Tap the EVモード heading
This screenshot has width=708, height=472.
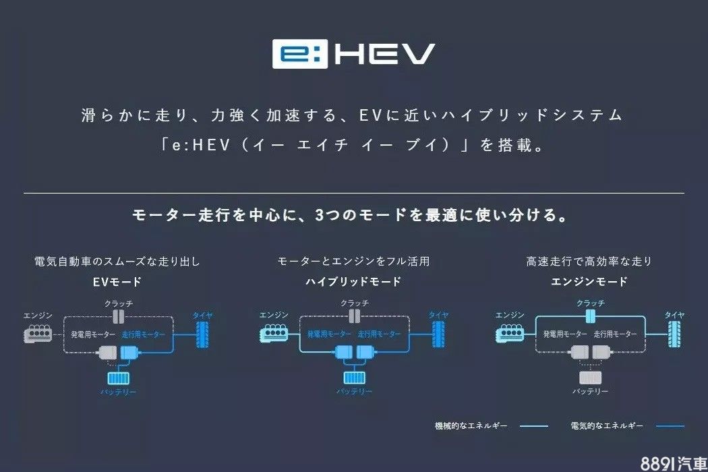[117, 281]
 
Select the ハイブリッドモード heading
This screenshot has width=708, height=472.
[353, 281]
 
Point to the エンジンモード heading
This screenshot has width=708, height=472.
[589, 281]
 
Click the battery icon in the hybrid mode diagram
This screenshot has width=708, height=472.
[354, 378]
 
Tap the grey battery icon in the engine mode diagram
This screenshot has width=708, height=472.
[591, 378]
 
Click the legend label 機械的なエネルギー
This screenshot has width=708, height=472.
[471, 425]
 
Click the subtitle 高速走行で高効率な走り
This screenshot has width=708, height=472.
[589, 261]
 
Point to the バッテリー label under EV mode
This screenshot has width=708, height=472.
[119, 392]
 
